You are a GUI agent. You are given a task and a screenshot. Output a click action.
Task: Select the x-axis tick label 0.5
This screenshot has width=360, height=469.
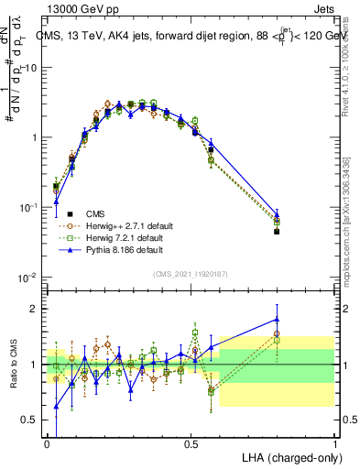point(191,443)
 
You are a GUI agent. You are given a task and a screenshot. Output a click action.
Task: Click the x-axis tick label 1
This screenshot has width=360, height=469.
point(334,443)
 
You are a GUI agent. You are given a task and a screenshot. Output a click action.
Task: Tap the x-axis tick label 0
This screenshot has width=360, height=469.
point(48,443)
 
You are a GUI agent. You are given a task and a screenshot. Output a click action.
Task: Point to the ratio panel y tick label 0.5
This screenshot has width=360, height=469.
point(32,420)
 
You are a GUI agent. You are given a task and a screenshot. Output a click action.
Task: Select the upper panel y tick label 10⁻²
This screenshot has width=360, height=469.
point(29,277)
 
